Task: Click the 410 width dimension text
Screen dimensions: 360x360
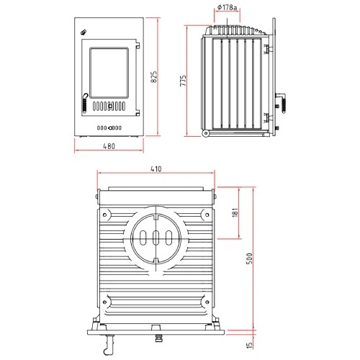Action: tap(156, 169)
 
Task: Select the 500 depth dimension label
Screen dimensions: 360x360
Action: tap(248, 259)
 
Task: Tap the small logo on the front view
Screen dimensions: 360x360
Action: tap(84, 31)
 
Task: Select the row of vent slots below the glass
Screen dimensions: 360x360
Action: tap(112, 108)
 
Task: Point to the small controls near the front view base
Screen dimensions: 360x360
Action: tap(109, 128)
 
